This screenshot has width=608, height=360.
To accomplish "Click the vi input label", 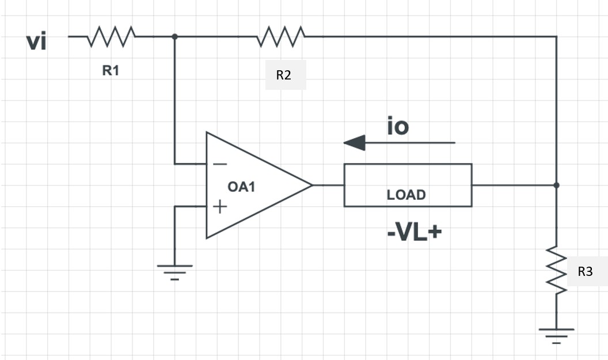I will (37, 42).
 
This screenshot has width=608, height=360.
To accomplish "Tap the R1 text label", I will (111, 71).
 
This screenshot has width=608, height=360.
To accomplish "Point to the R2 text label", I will (284, 75).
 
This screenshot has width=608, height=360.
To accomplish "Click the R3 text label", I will (585, 272).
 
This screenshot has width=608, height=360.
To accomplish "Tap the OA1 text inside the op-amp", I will (241, 187).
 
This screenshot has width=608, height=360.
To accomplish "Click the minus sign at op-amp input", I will (219, 164).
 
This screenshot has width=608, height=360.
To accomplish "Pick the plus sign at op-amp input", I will (219, 206).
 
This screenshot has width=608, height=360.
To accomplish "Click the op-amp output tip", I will (311, 185).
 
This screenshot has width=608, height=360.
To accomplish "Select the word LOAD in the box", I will (406, 195).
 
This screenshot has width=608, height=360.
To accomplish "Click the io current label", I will (397, 126).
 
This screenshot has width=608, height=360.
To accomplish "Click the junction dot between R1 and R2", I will (174, 36).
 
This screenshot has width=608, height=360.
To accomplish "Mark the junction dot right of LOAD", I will (556, 185).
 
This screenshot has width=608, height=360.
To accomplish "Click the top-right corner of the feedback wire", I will (556, 36).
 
